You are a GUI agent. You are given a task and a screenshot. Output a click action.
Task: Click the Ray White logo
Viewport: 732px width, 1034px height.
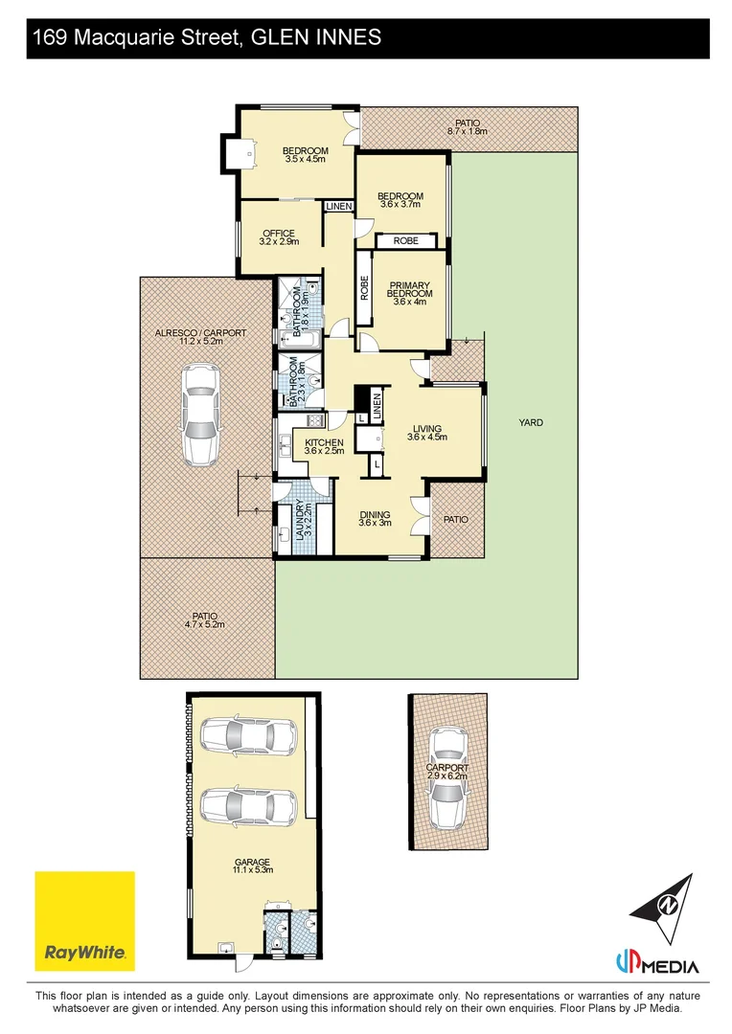coord(84,921)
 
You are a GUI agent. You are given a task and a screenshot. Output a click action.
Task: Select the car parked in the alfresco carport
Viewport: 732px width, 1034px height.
coord(201,415)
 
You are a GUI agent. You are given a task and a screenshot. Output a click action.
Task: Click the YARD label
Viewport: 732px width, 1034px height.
coord(531,423)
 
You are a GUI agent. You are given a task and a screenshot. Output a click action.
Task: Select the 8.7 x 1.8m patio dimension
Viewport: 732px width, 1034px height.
coord(468,131)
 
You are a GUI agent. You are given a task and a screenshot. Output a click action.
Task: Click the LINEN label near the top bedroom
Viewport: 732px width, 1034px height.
coord(339,207)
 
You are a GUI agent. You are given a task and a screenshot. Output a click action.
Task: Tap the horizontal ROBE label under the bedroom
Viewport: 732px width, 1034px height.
coord(406,240)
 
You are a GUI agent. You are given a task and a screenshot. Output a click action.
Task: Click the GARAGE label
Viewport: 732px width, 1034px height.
coord(252,862)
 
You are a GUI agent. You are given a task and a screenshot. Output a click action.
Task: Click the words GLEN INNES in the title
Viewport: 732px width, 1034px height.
coord(317,37)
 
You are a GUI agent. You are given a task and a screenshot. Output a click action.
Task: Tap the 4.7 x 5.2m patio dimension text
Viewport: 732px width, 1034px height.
coord(205,624)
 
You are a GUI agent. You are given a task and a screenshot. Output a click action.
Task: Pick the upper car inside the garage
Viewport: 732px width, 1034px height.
coord(248,734)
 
